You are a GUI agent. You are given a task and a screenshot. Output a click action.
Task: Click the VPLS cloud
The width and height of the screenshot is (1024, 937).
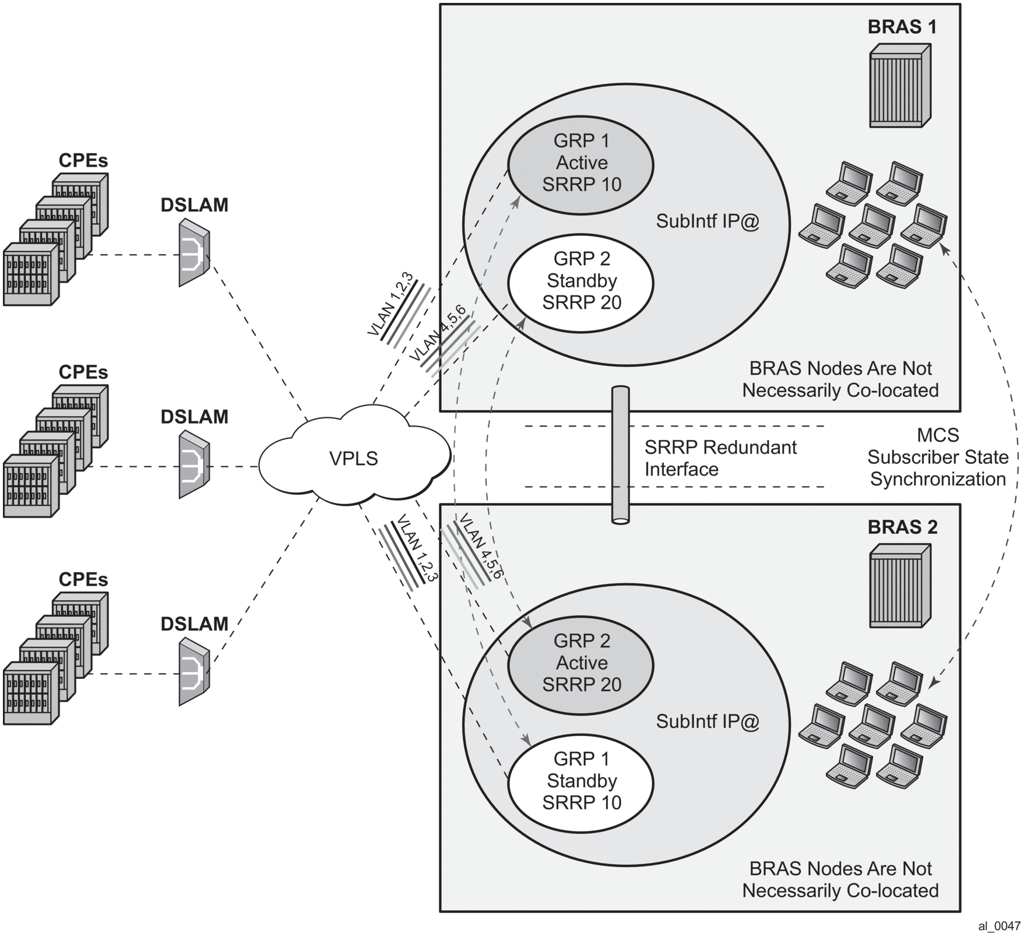point(354,458)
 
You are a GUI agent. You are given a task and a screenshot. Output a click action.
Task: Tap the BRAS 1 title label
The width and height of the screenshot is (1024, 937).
point(902,27)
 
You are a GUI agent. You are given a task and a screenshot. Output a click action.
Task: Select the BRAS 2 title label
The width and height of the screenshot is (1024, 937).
point(902,527)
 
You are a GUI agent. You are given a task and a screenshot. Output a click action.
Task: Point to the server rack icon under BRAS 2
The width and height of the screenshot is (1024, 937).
point(899,586)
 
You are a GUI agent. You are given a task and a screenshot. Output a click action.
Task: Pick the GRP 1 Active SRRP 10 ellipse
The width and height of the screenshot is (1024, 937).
point(581,163)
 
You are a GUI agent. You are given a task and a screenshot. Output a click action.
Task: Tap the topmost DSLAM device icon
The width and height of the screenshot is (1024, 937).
point(193,252)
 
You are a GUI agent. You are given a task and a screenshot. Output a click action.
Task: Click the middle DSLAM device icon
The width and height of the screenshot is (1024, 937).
point(193,464)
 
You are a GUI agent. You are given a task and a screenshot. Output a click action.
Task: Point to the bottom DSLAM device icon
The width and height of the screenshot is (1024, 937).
point(193,671)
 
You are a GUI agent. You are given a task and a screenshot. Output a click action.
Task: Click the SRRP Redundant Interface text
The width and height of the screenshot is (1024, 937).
point(720,458)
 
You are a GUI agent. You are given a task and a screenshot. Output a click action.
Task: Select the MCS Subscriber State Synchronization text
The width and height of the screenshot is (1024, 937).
point(937,457)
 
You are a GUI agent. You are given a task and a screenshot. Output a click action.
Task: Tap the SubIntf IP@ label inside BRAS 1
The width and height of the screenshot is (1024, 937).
point(708,221)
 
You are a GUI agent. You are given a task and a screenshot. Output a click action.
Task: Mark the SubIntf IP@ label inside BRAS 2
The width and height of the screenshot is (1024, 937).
point(708,721)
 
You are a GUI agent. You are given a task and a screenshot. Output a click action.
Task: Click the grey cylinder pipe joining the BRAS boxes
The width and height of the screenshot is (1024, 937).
point(620,455)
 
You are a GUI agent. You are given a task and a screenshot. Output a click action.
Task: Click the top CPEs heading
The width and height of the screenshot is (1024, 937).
point(83,161)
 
